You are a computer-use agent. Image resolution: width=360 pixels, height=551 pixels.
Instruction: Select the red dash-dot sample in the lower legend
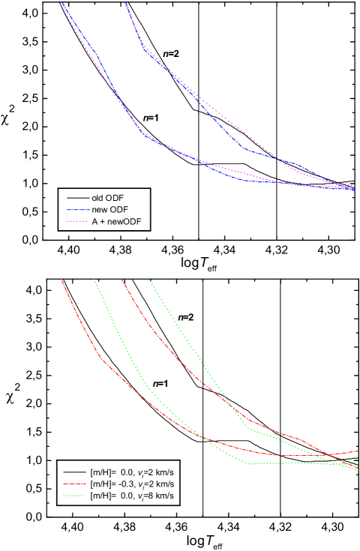coord(74,484)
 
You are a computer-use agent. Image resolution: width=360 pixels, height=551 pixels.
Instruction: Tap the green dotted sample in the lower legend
coord(74,496)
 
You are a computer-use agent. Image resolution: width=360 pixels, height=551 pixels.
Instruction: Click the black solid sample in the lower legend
coord(74,472)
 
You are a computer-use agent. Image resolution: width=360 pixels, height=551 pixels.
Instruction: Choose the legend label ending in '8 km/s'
coord(132,496)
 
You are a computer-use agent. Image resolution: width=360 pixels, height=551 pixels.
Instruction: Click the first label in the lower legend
coord(132,472)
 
